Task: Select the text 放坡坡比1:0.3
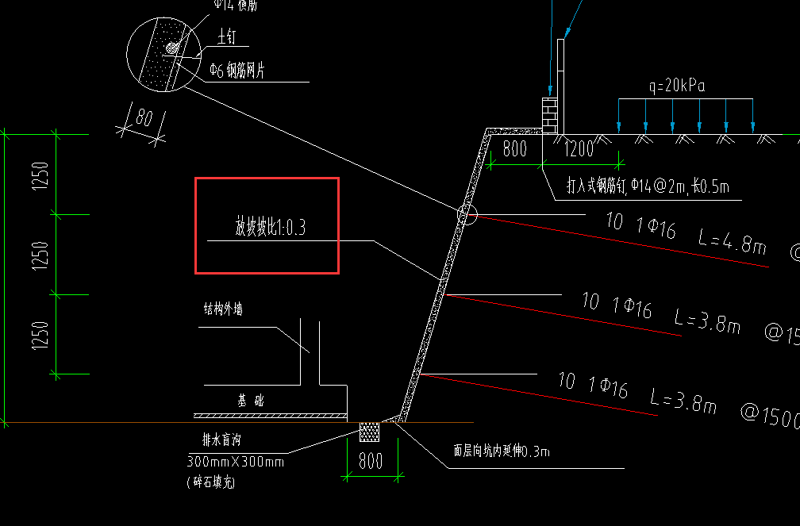pos(270,228)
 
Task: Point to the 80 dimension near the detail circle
pos(144,118)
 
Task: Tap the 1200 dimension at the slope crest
pos(579,148)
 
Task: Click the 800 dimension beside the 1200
pos(515,148)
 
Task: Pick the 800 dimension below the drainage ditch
pos(371,461)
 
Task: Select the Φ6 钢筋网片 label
pos(237,71)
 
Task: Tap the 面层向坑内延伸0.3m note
pos(502,451)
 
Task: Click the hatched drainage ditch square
pos(370,432)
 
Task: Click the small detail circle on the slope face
pos(466,213)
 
